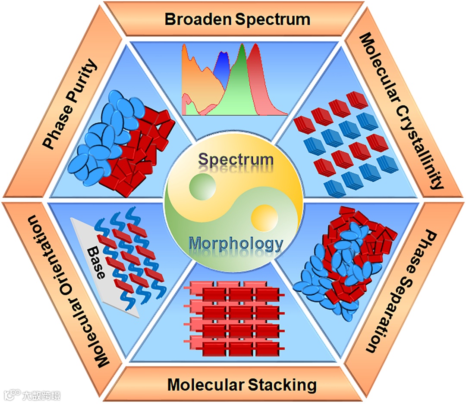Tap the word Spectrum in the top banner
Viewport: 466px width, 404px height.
(272, 19)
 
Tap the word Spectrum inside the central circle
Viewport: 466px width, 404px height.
(236, 160)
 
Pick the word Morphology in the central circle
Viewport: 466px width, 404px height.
(236, 244)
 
